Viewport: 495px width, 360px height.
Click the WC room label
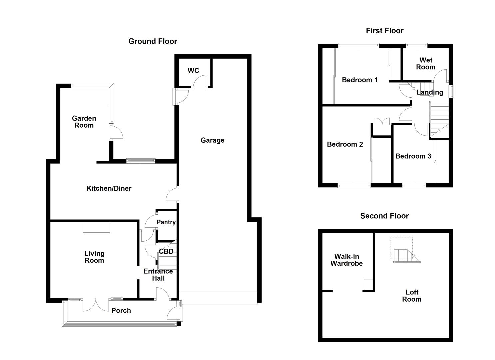pos(193,71)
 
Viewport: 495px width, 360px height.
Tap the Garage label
pos(212,140)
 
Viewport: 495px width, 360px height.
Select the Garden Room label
pos(84,122)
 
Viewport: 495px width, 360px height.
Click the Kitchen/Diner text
pos(109,188)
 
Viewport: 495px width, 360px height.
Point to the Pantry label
pos(166,222)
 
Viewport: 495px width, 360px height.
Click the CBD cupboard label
pos(166,251)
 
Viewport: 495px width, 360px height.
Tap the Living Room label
pos(94,257)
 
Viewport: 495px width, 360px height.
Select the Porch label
pos(121,310)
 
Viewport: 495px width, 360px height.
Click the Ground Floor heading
pos(153,41)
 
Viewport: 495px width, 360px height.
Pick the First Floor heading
pos(385,31)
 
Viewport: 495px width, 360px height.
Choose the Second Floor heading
pos(384,216)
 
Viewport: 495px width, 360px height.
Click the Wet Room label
pos(426,63)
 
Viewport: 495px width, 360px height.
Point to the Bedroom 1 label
pos(360,80)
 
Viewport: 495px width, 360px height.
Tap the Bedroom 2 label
pos(345,144)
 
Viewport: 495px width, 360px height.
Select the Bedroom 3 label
pos(413,156)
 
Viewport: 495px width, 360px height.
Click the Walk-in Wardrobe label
pos(346,260)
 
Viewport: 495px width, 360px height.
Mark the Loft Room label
pos(412,296)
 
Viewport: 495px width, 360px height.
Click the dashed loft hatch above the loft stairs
pos(402,243)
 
